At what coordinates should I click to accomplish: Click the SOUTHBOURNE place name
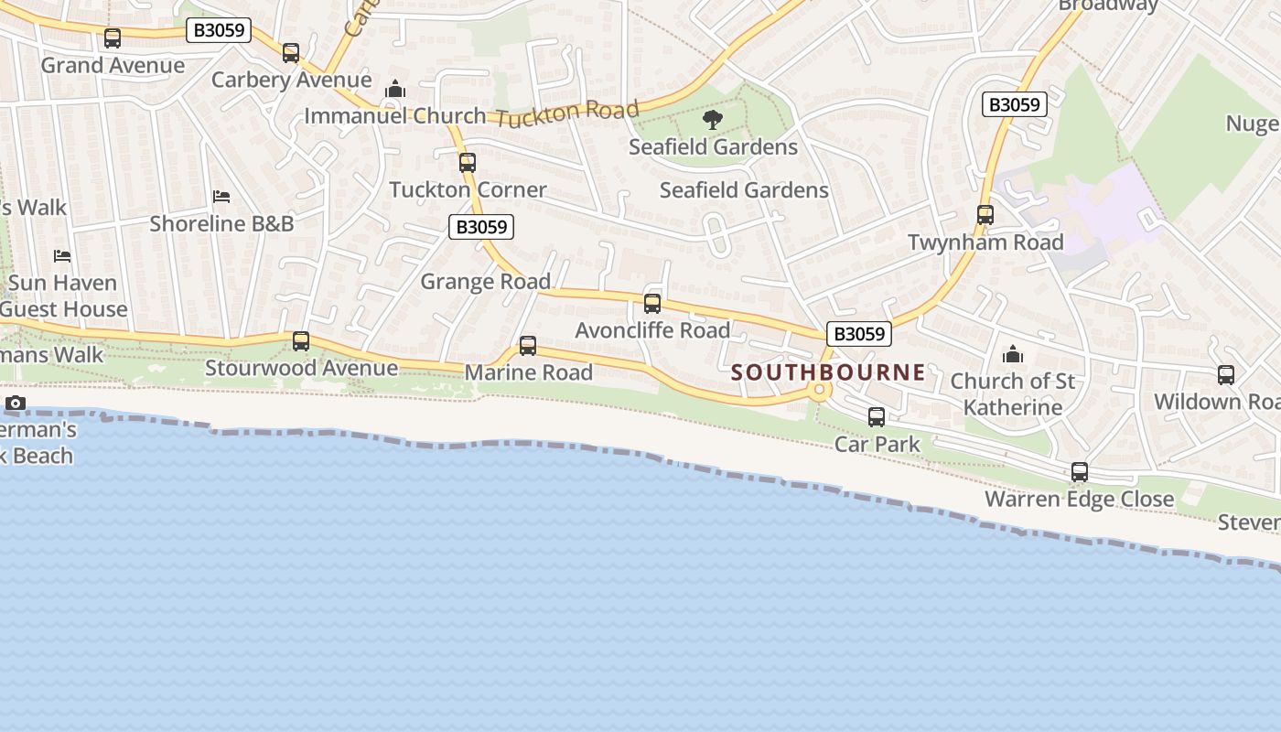click(828, 372)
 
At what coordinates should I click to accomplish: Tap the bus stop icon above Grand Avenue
click(113, 38)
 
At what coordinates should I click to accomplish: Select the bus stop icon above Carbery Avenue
click(291, 53)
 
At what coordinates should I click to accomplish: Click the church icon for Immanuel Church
click(395, 89)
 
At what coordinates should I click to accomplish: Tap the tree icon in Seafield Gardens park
click(712, 119)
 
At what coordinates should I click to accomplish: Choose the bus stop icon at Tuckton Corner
click(468, 163)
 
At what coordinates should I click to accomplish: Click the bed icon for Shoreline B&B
click(221, 196)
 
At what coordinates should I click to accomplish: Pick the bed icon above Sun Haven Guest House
click(62, 255)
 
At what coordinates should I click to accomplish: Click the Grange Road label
click(485, 281)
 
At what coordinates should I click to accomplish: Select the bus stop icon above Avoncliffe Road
click(652, 303)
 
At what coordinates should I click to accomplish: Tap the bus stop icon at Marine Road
click(528, 345)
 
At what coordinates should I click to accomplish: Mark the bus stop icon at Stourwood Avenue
click(301, 341)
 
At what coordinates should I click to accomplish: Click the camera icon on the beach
click(16, 403)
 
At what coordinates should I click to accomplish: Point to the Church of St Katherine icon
click(1013, 353)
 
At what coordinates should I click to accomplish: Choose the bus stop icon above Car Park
click(877, 417)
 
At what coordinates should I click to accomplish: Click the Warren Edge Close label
click(1079, 499)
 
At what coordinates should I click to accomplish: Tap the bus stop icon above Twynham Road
click(985, 215)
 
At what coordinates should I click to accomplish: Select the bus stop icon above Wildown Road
click(1226, 374)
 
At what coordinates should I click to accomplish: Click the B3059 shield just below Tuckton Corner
click(481, 227)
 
